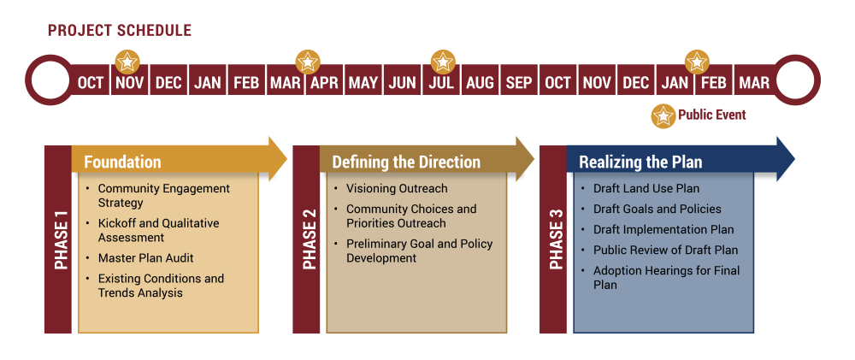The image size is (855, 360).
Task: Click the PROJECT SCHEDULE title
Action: click(x=120, y=31)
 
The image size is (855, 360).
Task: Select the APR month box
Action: click(x=324, y=82)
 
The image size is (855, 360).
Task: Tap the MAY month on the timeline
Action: click(x=363, y=82)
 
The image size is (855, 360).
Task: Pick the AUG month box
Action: click(x=480, y=82)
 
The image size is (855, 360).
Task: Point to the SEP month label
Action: click(x=519, y=83)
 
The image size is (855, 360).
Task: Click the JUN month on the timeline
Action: click(x=402, y=82)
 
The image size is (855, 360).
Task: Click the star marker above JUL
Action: click(x=443, y=61)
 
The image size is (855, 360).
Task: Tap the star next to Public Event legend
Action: click(x=663, y=115)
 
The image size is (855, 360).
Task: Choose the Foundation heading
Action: click(x=122, y=162)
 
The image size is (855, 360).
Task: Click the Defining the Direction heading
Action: click(x=406, y=162)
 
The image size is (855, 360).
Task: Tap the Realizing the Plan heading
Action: click(x=640, y=162)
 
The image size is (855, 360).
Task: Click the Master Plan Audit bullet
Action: click(x=145, y=258)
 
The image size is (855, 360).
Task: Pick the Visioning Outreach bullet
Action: click(x=397, y=189)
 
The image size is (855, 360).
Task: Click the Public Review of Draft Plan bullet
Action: click(x=665, y=251)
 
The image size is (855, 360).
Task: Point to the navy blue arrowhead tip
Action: click(x=794, y=159)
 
